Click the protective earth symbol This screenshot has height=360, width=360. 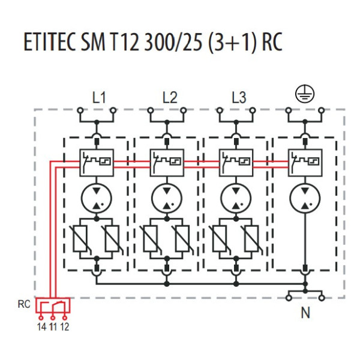(x=305, y=93)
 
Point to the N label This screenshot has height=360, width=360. (x=305, y=313)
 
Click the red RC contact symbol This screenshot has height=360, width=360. (x=53, y=307)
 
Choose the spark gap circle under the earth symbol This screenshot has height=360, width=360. (x=305, y=199)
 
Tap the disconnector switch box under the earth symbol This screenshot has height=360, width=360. (x=305, y=162)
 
